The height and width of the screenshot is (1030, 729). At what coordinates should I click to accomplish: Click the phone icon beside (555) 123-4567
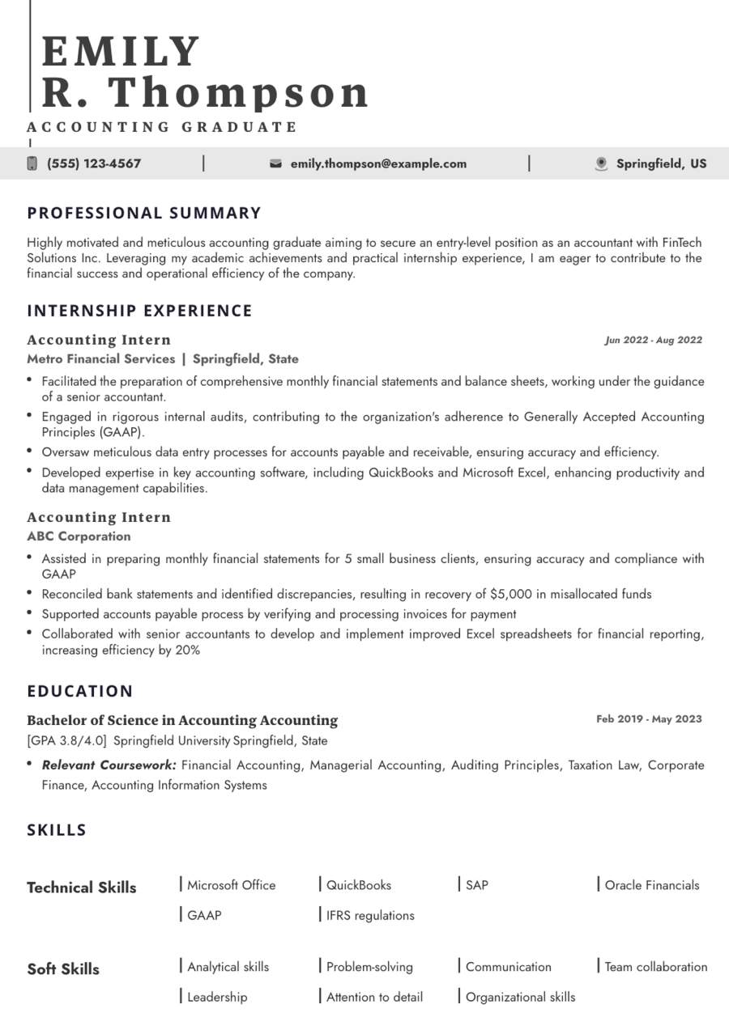click(x=32, y=163)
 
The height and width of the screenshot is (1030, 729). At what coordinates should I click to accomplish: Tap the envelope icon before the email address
click(x=275, y=163)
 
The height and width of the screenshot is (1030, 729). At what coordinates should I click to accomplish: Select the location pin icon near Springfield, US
click(x=601, y=163)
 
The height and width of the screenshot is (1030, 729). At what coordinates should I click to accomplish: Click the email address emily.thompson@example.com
click(x=378, y=163)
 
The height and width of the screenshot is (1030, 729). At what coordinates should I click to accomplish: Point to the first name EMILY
click(x=121, y=52)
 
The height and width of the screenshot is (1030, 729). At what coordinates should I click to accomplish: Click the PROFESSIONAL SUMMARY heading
click(x=144, y=213)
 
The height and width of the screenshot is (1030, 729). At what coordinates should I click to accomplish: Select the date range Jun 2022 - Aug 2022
click(x=653, y=340)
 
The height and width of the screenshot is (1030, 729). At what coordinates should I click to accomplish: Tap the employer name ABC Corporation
click(x=79, y=536)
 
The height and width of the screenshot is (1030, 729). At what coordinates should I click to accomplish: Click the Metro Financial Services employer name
click(x=100, y=358)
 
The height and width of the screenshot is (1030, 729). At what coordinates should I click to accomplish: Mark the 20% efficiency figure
click(x=185, y=650)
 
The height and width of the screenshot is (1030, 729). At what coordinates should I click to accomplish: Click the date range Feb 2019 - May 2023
click(x=649, y=718)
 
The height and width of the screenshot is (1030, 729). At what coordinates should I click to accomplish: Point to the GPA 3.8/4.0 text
click(x=67, y=740)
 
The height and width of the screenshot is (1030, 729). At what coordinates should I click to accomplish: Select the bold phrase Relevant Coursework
click(x=109, y=765)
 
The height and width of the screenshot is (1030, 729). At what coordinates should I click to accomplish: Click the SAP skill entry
click(x=477, y=884)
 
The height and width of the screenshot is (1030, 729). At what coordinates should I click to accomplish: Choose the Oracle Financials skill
click(x=651, y=884)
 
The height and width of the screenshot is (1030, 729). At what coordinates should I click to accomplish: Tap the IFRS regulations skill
click(x=370, y=915)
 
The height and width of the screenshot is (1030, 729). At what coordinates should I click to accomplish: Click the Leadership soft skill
click(x=217, y=997)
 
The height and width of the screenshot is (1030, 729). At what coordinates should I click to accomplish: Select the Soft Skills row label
click(x=63, y=969)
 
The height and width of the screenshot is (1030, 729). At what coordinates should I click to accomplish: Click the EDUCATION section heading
click(x=80, y=691)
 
